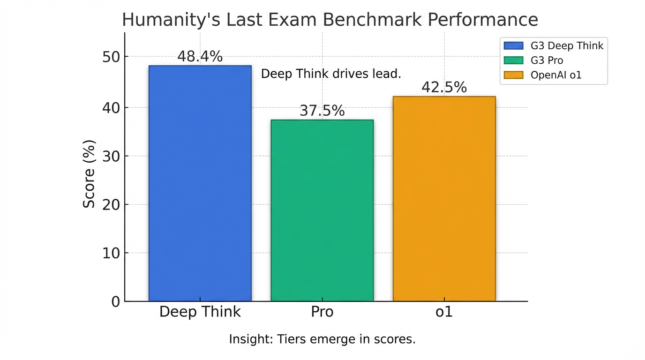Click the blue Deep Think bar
200,183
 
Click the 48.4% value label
200,57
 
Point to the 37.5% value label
322,111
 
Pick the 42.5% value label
444,88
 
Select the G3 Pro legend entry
547,60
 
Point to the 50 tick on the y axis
111,57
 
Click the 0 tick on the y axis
115,301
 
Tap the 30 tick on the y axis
111,156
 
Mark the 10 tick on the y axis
111,253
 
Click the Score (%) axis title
89,173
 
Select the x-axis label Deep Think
200,312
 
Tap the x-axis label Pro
322,312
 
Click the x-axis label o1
444,312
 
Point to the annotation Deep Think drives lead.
331,74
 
